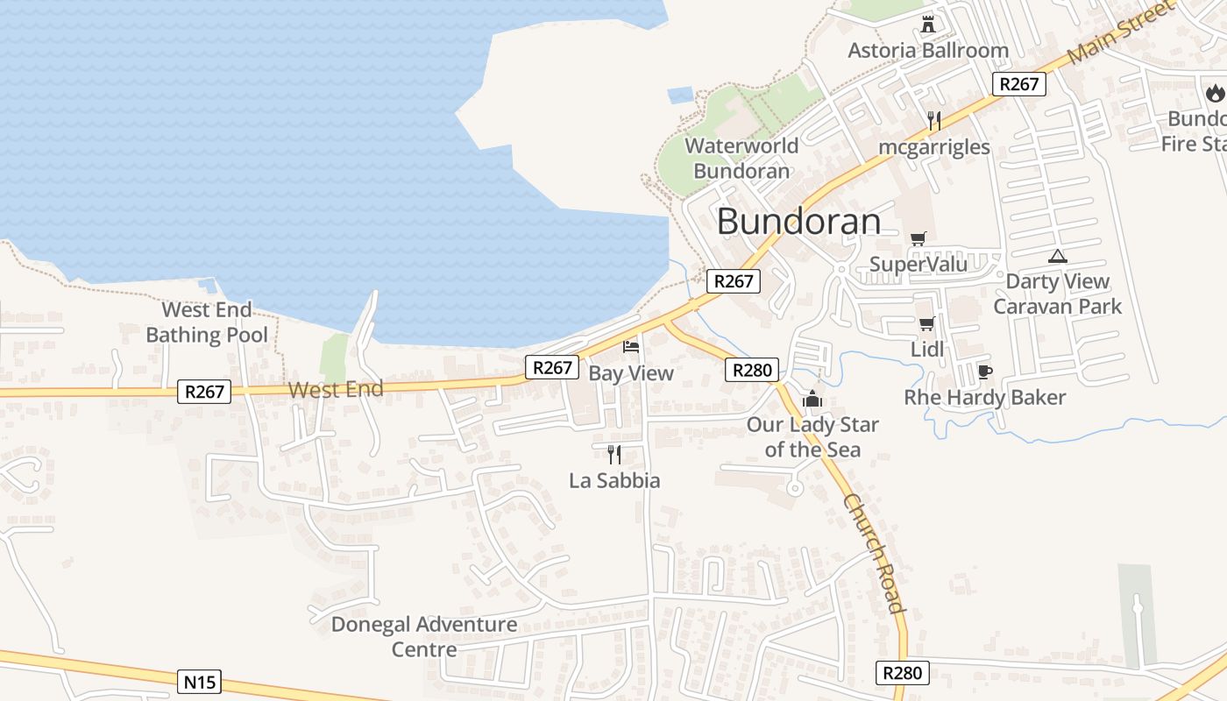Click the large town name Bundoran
(x=798, y=222)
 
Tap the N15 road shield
(x=199, y=682)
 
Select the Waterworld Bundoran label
(x=741, y=159)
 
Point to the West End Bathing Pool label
(x=208, y=322)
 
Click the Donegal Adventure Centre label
(x=424, y=637)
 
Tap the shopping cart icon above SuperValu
(x=918, y=238)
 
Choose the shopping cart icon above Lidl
(x=926, y=324)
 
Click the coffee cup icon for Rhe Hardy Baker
(x=984, y=372)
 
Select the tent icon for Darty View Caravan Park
(x=1058, y=257)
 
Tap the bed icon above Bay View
(x=631, y=347)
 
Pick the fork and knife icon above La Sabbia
(x=614, y=454)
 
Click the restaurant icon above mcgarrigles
(x=934, y=121)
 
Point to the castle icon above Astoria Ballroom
(x=928, y=24)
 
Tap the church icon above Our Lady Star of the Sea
(x=812, y=399)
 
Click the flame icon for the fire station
(x=1215, y=92)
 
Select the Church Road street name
(x=873, y=553)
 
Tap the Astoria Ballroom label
(x=928, y=51)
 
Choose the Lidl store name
(x=927, y=350)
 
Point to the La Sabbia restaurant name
(x=614, y=480)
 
